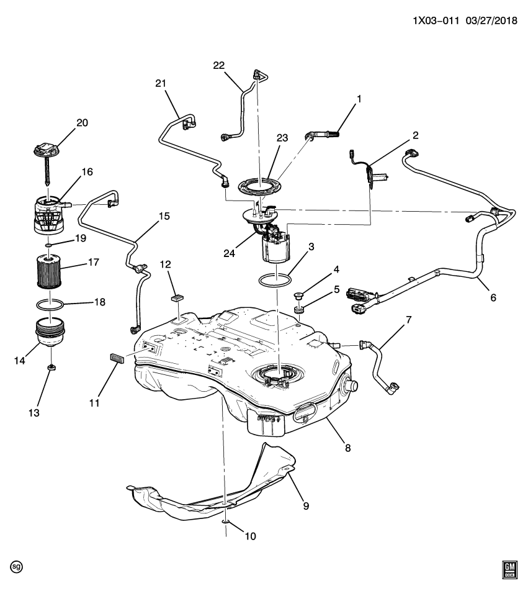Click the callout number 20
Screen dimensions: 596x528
(82, 123)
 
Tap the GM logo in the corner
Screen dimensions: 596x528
(509, 571)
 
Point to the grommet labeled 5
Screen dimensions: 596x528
(299, 309)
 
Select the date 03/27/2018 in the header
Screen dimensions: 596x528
(490, 19)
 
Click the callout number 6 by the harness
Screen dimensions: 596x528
(493, 297)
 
